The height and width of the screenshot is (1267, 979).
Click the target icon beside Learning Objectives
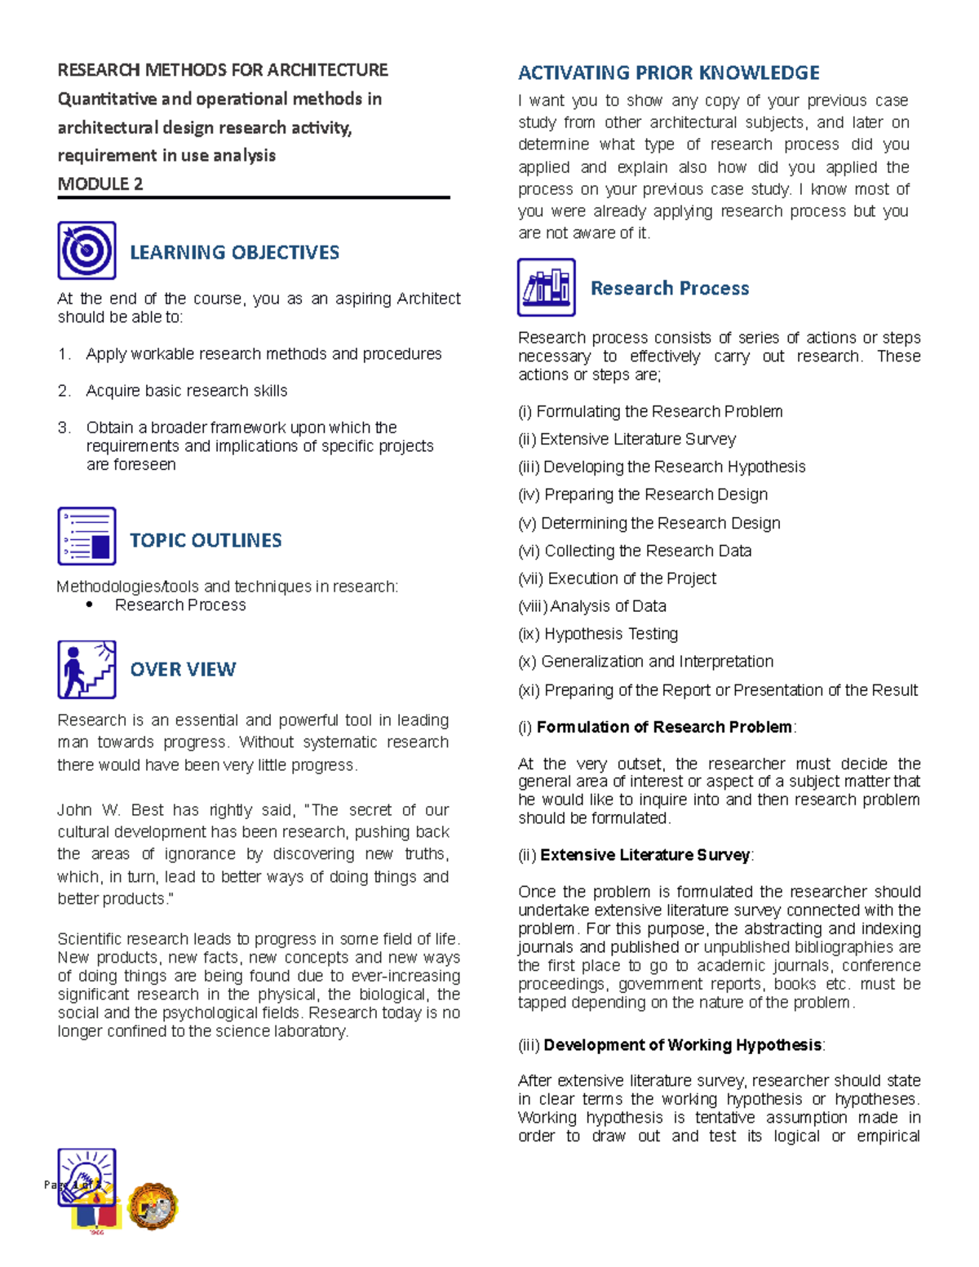[86, 250]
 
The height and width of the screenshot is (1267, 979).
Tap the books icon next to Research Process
[546, 287]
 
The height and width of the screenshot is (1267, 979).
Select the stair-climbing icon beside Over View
[86, 669]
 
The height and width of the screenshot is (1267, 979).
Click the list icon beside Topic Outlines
[86, 536]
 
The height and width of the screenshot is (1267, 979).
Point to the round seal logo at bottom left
[153, 1206]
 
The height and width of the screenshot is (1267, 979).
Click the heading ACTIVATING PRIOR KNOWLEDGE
[668, 73]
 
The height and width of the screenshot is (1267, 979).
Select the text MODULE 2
[100, 184]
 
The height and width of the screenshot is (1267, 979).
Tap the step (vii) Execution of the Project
[617, 578]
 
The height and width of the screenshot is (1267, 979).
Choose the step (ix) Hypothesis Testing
[597, 634]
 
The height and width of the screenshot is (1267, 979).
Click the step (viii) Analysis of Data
[591, 606]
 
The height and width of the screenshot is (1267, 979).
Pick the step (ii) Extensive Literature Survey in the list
[627, 439]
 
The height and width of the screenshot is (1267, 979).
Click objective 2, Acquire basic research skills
[186, 391]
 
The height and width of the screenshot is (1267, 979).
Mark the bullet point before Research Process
[89, 605]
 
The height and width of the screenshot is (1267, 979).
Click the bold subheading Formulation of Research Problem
[664, 727]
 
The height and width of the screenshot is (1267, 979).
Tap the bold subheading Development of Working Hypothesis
[682, 1045]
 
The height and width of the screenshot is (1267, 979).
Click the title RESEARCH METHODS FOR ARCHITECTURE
[222, 70]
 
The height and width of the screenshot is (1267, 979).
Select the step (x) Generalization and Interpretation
[645, 662]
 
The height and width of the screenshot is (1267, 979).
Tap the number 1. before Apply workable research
[64, 354]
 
